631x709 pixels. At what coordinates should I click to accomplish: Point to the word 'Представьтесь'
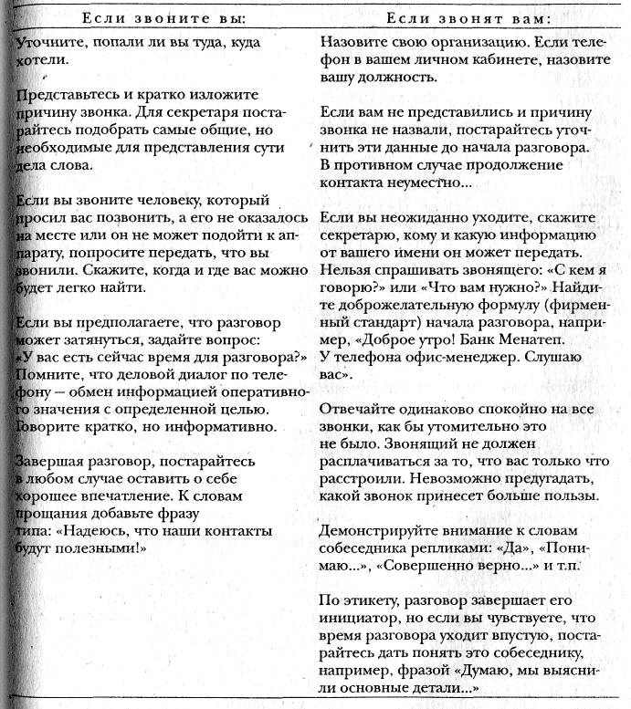[61, 95]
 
